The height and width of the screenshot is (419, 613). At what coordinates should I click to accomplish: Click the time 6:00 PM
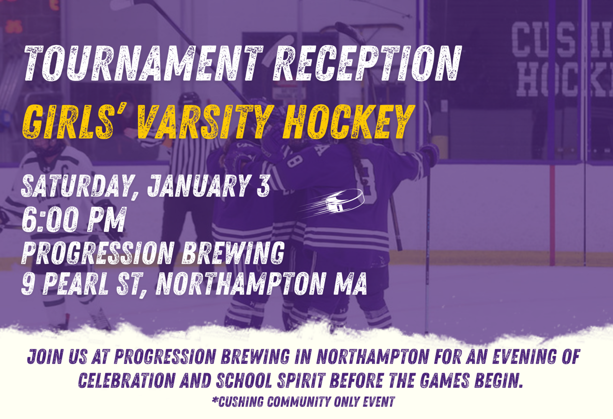pyautogui.click(x=74, y=219)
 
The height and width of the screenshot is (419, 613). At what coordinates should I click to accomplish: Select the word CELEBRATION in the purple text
pyautogui.click(x=127, y=380)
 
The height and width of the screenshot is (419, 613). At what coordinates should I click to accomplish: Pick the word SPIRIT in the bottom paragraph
pyautogui.click(x=301, y=380)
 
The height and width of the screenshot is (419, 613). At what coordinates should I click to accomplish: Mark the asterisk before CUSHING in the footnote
pyautogui.click(x=215, y=400)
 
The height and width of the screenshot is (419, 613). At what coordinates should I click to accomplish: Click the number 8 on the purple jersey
pyautogui.click(x=295, y=160)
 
